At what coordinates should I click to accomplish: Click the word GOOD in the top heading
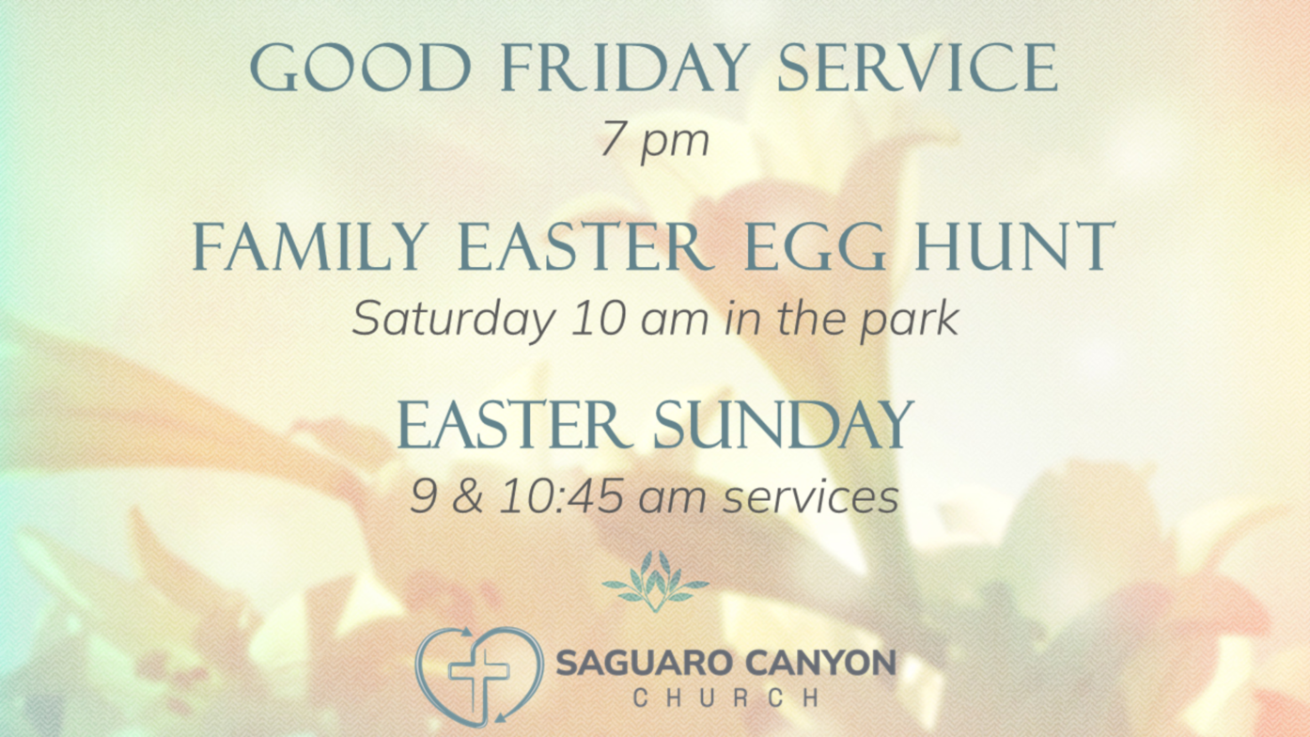coord(361,68)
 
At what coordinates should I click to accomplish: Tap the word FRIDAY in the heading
coord(625,68)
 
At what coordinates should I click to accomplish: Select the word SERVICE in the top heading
coord(918,68)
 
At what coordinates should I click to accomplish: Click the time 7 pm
coord(655,140)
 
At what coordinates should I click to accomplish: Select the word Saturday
coord(454,320)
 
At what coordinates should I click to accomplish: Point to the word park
coord(910,320)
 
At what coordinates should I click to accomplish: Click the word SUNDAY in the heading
coord(784,424)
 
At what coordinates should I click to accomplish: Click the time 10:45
coord(562,496)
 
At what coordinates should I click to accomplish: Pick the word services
coord(811,497)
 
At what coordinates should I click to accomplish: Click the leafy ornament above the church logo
coord(656,581)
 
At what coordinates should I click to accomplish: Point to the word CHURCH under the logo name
coord(725,698)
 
